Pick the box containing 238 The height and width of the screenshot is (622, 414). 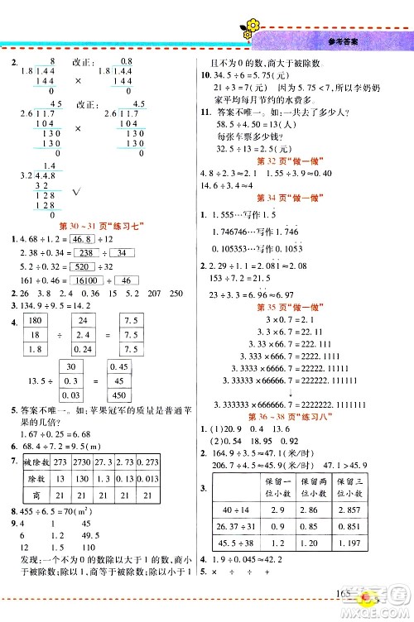click(x=86, y=253)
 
